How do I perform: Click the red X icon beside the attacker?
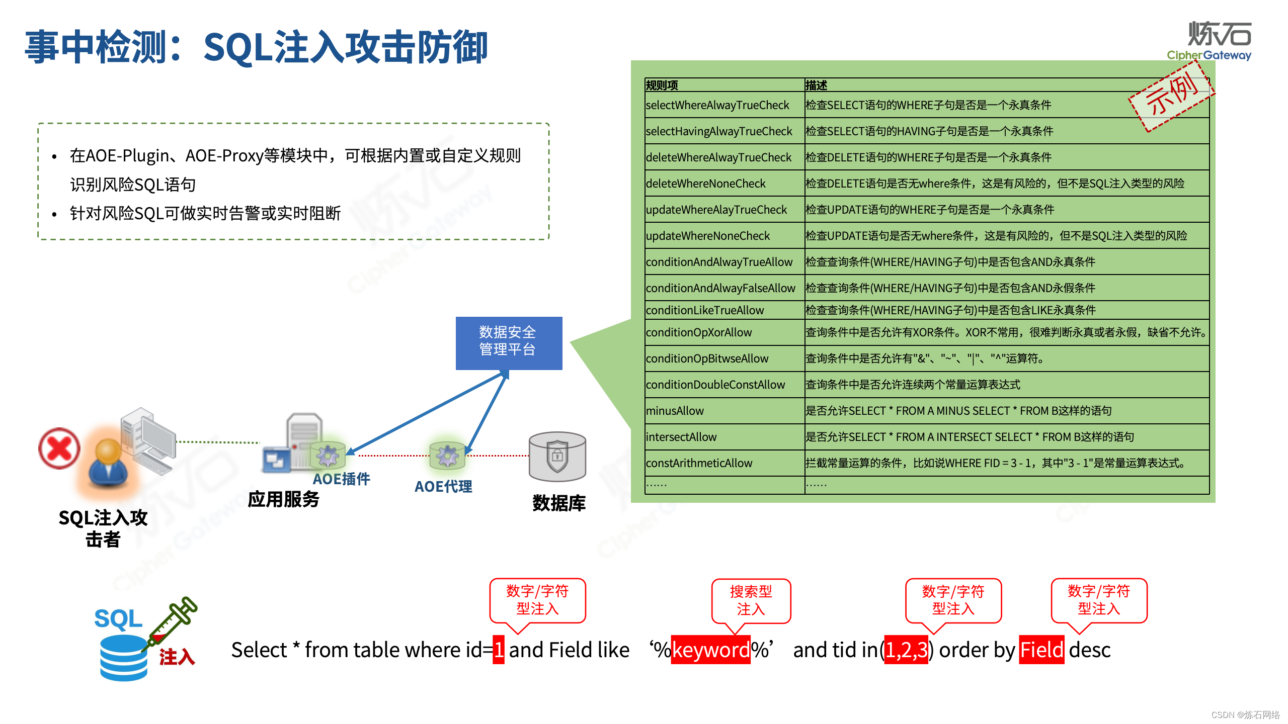pos(59,448)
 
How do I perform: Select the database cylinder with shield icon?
pos(557,457)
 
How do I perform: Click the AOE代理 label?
pos(443,487)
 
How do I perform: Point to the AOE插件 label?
pos(342,479)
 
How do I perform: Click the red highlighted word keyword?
pos(710,650)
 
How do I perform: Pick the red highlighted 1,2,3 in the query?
pos(906,650)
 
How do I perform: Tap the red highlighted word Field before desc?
pos(1041,650)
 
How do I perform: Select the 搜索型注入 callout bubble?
pos(751,600)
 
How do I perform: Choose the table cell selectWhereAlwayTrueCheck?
pos(717,105)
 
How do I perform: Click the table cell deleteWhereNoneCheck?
pos(705,184)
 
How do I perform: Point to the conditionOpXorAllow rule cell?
pos(699,332)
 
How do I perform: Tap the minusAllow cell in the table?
pos(675,411)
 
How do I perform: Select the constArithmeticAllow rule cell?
pos(699,463)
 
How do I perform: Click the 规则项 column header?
pos(662,85)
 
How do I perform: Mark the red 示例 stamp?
pos(1171,96)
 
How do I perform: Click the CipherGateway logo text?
pos(1209,55)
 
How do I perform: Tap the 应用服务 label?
pos(283,499)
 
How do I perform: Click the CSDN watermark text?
pos(1245,715)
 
